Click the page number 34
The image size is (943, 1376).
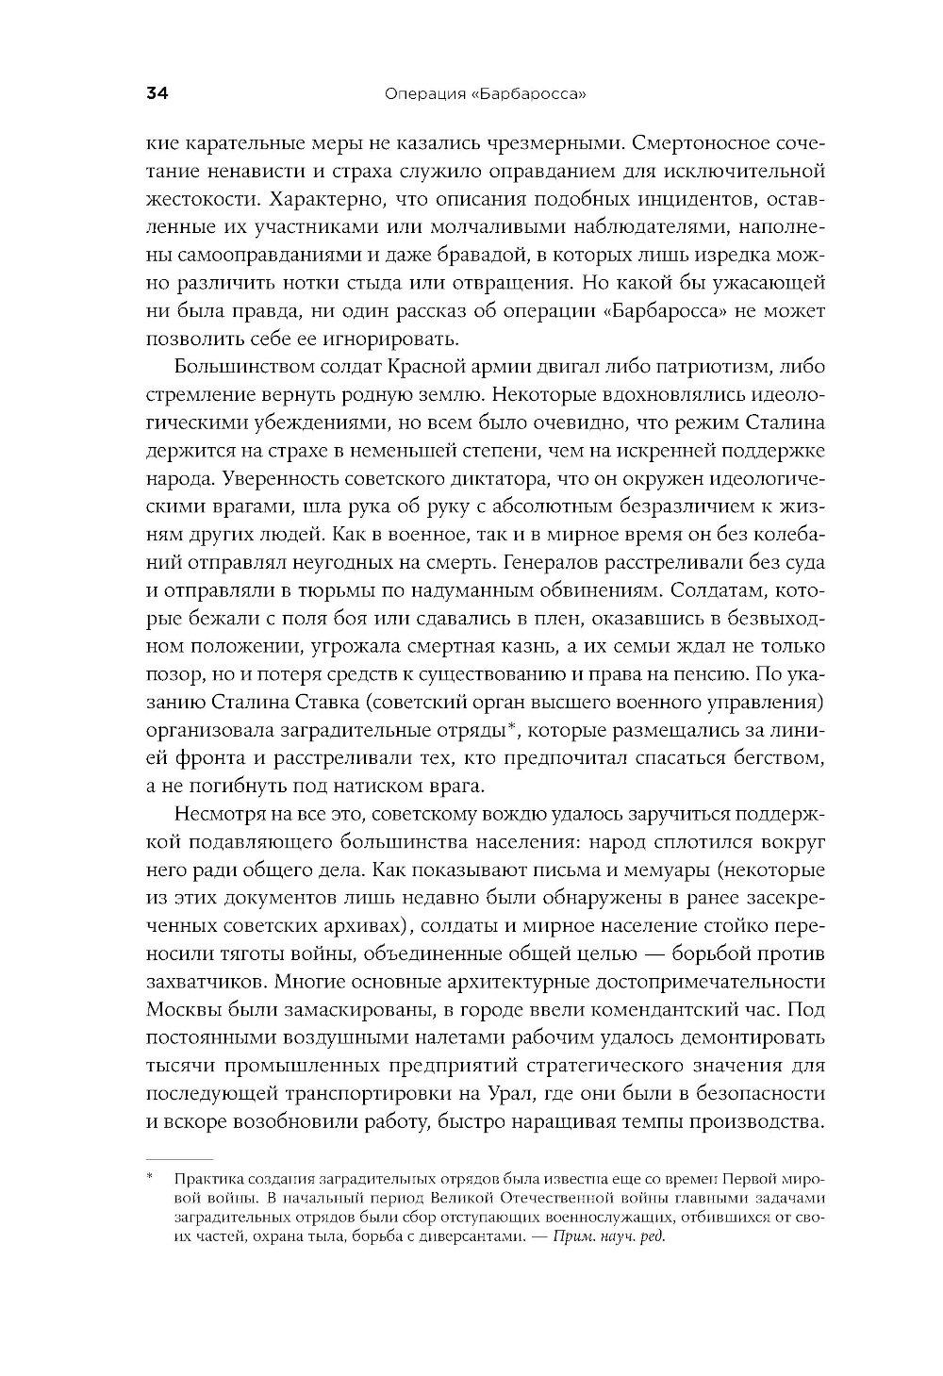[157, 93]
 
